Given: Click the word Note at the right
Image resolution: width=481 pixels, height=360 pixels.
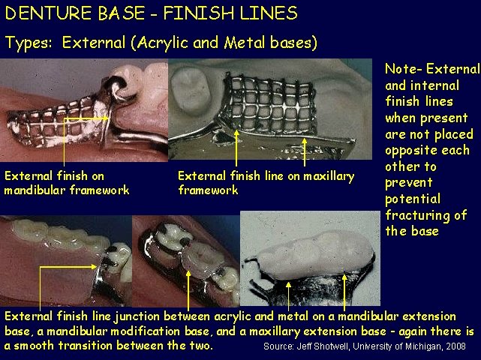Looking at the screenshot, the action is pos(400,69).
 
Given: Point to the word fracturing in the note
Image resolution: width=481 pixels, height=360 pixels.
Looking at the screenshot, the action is pos(415,215).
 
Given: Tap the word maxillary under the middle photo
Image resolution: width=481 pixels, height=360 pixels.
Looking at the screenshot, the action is pos(324,176).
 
